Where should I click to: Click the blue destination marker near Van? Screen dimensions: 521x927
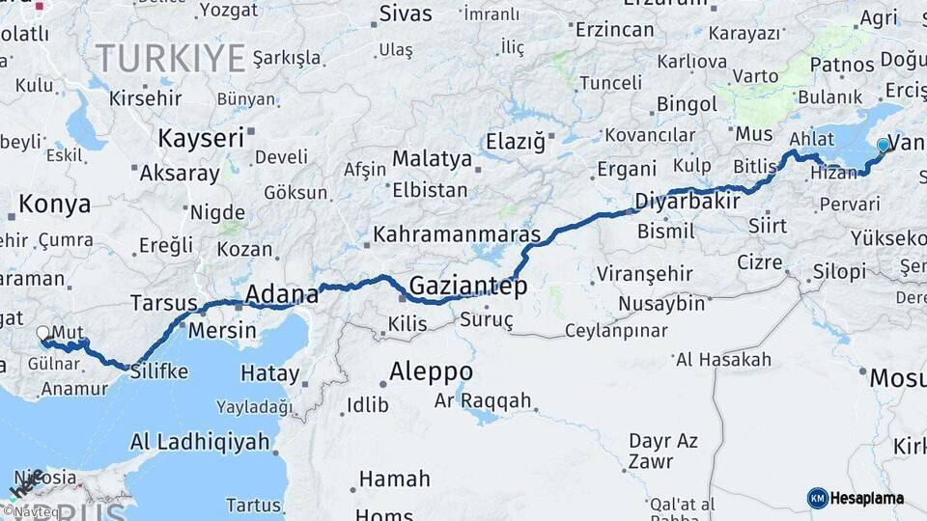click(883, 146)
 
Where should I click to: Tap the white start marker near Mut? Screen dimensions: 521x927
click(42, 333)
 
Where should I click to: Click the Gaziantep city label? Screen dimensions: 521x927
click(468, 286)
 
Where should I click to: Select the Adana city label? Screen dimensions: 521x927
click(282, 293)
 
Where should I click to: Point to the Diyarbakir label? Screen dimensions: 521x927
click(688, 202)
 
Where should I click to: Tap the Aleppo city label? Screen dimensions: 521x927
click(431, 371)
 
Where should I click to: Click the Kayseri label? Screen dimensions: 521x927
click(201, 138)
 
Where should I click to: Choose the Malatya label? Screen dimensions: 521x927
click(432, 158)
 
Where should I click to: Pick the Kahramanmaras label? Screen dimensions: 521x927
click(457, 233)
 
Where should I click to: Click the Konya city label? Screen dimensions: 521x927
click(55, 205)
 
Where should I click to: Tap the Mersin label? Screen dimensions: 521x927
click(221, 330)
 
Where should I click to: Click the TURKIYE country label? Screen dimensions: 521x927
click(170, 59)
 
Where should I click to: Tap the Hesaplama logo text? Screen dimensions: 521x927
click(868, 498)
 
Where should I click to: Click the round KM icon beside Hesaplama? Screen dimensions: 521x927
click(818, 498)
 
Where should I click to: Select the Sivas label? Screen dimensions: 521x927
click(406, 14)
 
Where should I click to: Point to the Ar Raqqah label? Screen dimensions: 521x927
click(483, 399)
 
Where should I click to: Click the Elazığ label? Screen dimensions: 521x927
click(516, 142)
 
